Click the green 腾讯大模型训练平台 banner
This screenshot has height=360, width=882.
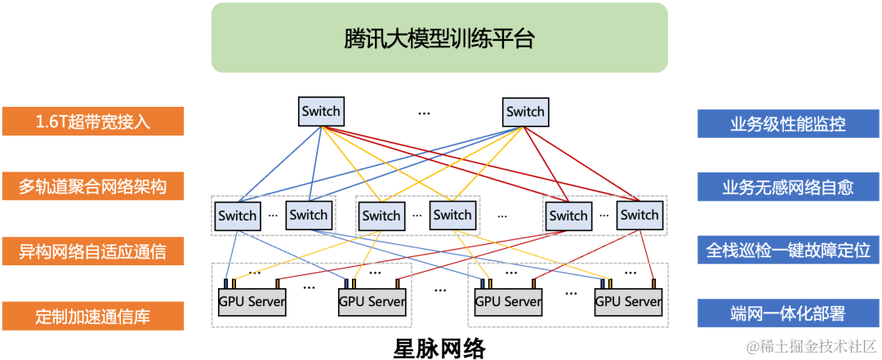pyautogui.click(x=439, y=38)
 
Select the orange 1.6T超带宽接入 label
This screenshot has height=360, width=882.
pyautogui.click(x=93, y=122)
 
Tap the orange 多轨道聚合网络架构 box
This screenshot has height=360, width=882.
pyautogui.click(x=93, y=186)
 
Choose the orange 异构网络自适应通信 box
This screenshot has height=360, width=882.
pyautogui.click(x=93, y=251)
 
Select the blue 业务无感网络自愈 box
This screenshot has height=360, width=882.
pyautogui.click(x=787, y=186)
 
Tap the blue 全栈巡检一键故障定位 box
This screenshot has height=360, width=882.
pyautogui.click(x=787, y=251)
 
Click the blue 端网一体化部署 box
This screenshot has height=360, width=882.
pyautogui.click(x=787, y=313)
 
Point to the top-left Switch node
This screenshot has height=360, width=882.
pyautogui.click(x=320, y=112)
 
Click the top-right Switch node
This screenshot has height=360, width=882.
pyautogui.click(x=525, y=112)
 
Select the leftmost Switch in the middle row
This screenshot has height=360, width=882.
pyautogui.click(x=238, y=216)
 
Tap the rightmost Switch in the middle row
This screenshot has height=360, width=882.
pyautogui.click(x=639, y=216)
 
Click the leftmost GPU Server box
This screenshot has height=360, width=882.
pyautogui.click(x=252, y=302)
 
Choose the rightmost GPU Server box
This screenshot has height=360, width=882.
pyautogui.click(x=628, y=302)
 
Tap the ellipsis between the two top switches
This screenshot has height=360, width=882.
pyautogui.click(x=424, y=113)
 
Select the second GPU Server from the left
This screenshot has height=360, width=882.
pyautogui.click(x=372, y=302)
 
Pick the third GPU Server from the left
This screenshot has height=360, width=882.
pyautogui.click(x=508, y=302)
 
